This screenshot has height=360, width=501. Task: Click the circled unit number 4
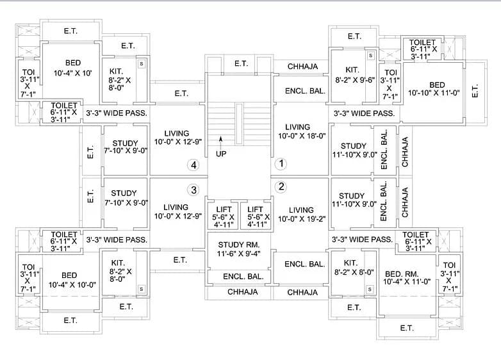(193, 165)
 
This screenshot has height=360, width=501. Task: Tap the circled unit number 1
(281, 164)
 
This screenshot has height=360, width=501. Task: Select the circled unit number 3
(193, 190)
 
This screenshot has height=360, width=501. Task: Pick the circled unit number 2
(281, 186)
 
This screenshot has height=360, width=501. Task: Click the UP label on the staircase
(221, 154)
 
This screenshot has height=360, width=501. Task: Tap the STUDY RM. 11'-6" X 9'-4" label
(239, 249)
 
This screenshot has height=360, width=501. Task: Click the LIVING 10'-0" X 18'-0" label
(301, 131)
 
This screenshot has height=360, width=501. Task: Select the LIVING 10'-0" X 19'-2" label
(301, 215)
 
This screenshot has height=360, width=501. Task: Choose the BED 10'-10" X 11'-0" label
(434, 89)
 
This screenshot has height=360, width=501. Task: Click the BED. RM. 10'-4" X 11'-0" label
(407, 278)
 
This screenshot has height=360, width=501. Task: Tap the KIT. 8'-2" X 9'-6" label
(354, 75)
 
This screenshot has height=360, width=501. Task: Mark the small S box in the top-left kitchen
(141, 63)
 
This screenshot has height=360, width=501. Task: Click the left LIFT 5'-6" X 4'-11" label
(223, 217)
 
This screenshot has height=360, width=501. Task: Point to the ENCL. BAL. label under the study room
(243, 277)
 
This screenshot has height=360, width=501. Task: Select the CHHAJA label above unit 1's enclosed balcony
(302, 67)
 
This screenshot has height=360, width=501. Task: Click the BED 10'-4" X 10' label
(73, 68)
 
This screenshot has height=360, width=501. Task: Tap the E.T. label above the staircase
(242, 64)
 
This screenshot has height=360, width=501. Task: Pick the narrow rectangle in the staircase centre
(239, 124)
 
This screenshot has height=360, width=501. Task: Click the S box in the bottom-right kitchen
(370, 290)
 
